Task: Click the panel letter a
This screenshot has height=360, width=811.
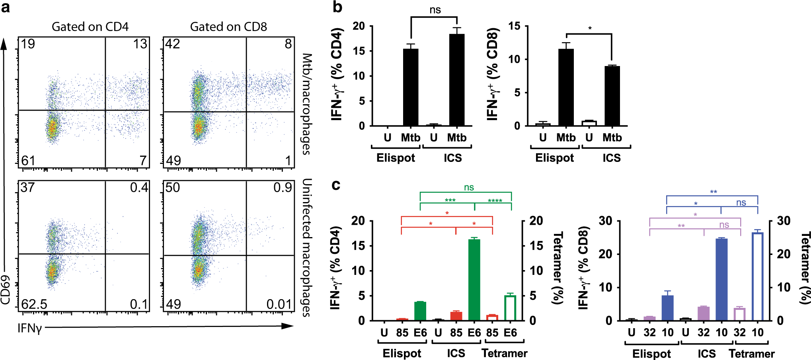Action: point(6,8)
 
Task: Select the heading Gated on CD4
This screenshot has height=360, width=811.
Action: point(90,27)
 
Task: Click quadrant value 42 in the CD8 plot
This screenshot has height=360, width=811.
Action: point(173,44)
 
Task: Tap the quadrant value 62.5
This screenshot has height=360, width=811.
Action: point(34,304)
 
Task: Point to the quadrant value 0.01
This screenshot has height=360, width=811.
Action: point(279,304)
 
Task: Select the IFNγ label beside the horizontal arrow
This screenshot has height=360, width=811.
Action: point(29,328)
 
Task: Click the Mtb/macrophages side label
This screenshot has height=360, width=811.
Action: point(306,104)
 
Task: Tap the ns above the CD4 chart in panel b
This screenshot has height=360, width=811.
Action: point(435,10)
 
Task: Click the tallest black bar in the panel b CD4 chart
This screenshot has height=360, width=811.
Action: point(456,80)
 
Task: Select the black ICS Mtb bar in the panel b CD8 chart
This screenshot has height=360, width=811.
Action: point(612,96)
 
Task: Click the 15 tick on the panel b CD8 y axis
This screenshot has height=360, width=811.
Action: point(515,26)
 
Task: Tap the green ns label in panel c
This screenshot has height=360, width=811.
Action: point(469,187)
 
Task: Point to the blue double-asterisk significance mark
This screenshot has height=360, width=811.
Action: point(714,192)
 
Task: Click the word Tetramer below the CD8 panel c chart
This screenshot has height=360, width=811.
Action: point(751,354)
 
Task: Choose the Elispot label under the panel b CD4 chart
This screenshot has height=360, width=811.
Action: point(396,158)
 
